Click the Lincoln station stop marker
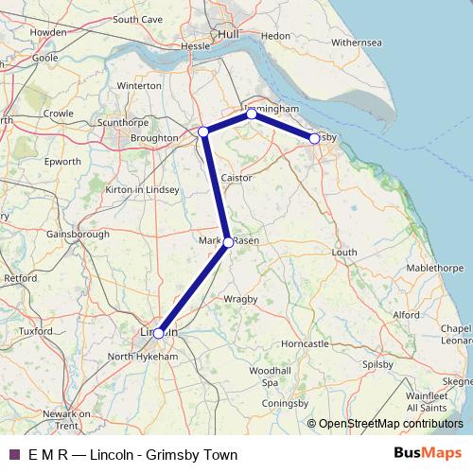coord(159,333)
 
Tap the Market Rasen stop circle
coord(228,242)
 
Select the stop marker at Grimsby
coord(314,139)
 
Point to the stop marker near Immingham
coord(252,114)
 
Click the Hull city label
coord(228,34)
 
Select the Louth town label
coord(344,253)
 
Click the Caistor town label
coord(236,178)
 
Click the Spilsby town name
coord(377,363)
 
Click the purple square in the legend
coord(14,455)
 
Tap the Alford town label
coord(407,314)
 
